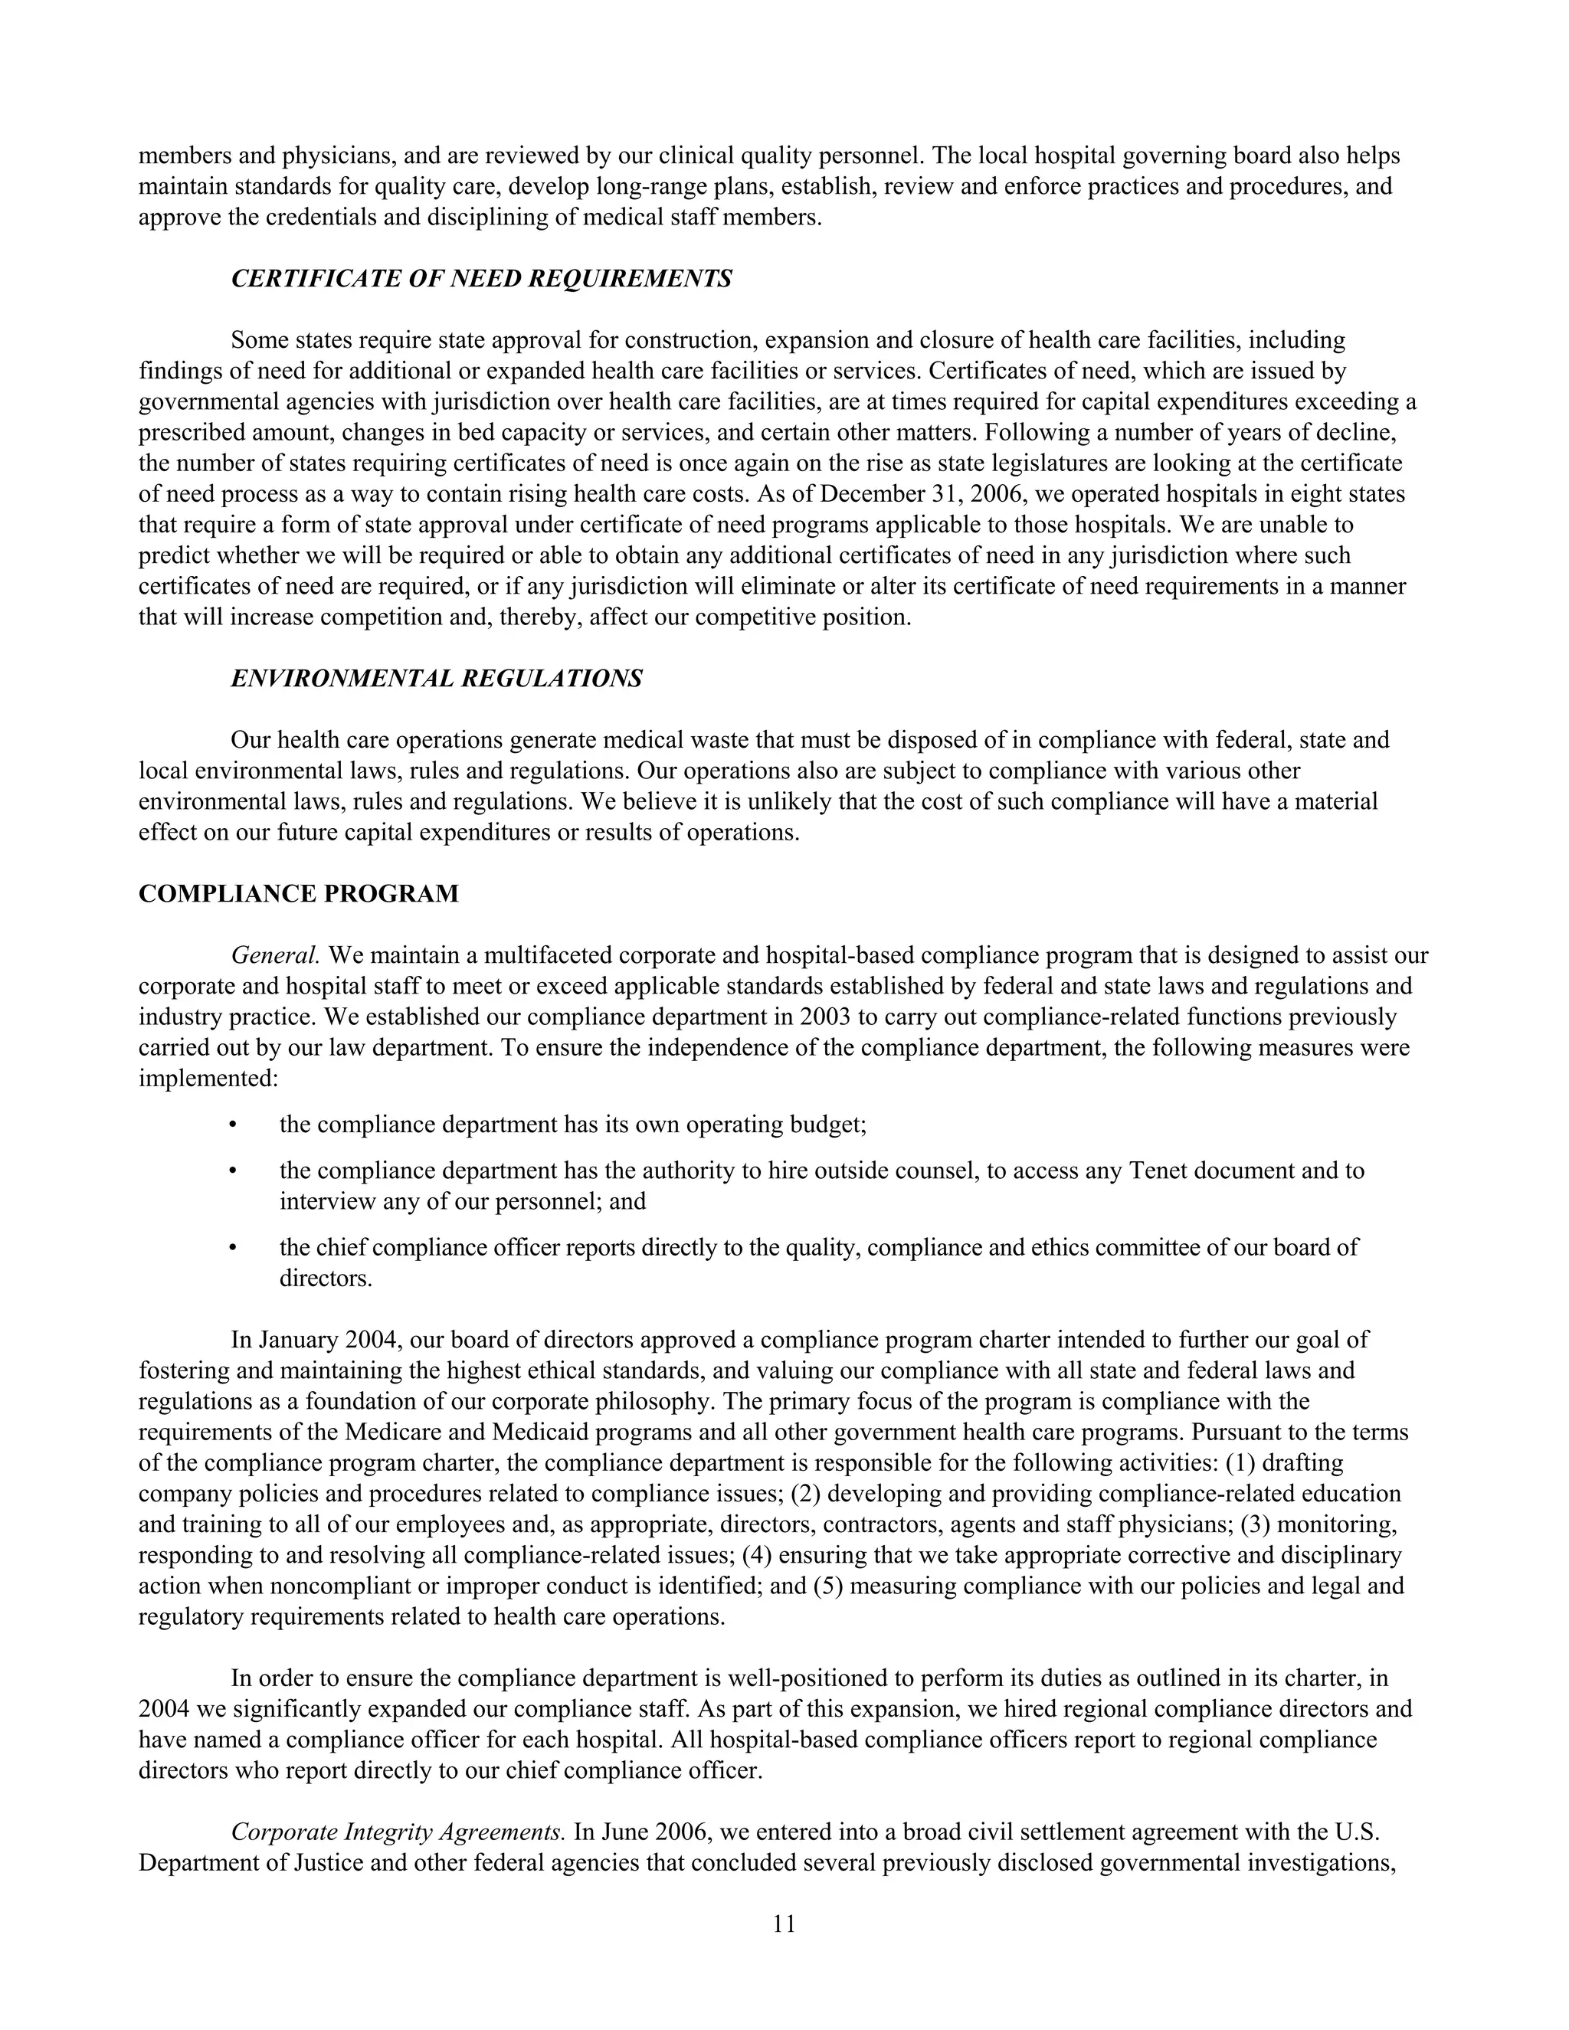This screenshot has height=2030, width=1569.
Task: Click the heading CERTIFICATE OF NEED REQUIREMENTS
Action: pos(480,279)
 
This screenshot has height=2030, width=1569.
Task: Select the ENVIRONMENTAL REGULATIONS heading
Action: pos(436,679)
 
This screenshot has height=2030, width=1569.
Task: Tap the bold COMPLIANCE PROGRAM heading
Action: pos(298,894)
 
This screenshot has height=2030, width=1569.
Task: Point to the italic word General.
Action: pos(275,955)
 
